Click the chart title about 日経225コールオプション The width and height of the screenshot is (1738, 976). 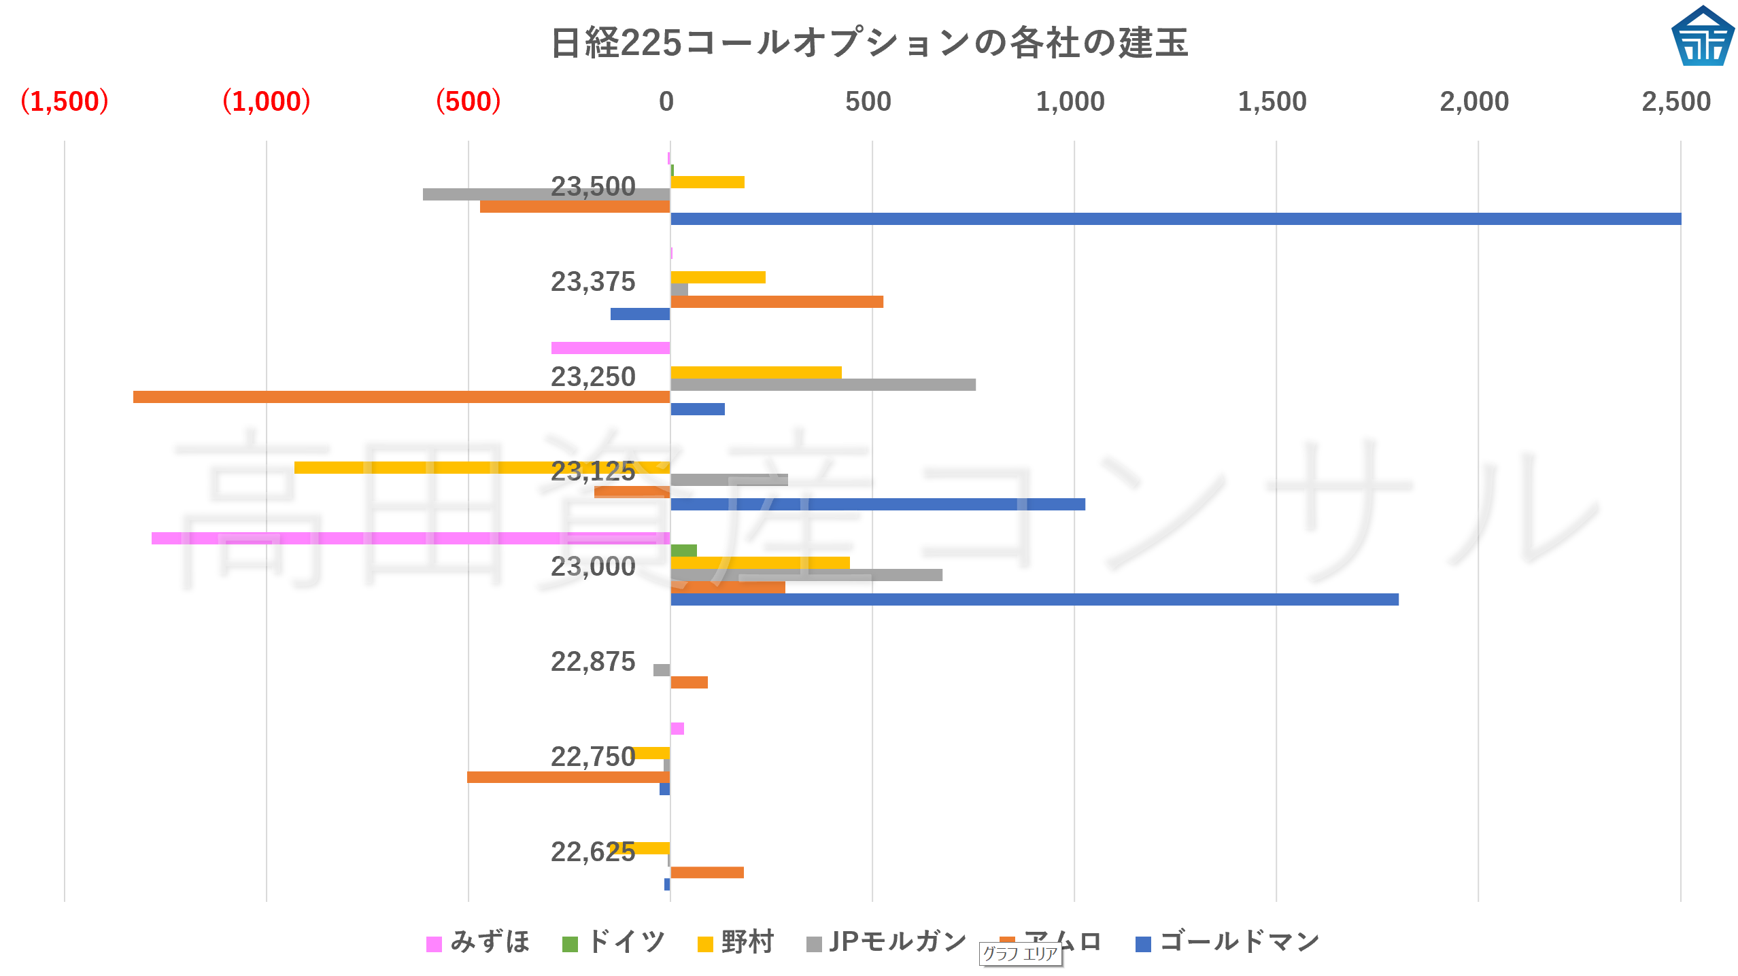[x=869, y=42]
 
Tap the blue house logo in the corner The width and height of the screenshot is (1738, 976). [x=1703, y=37]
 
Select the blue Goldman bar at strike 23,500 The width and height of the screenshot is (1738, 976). [x=1175, y=219]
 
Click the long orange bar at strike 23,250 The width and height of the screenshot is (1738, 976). [x=401, y=397]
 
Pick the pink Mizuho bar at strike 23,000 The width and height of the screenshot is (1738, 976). [x=411, y=538]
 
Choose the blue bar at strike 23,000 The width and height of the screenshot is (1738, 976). [x=1034, y=599]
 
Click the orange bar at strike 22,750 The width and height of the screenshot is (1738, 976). [x=568, y=777]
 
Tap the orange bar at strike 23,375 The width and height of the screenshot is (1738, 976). [x=777, y=302]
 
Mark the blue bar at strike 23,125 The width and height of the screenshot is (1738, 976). [x=877, y=504]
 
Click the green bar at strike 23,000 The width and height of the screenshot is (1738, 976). [x=683, y=551]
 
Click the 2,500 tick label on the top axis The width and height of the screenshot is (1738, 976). [x=1675, y=102]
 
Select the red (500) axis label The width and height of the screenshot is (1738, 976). [x=468, y=102]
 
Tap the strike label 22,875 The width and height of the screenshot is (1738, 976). [x=592, y=661]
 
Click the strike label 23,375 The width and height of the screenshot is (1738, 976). [x=592, y=281]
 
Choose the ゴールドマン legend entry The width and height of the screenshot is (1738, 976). [x=1228, y=942]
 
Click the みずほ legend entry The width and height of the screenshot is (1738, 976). [x=478, y=942]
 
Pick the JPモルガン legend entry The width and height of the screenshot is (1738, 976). [x=887, y=942]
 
